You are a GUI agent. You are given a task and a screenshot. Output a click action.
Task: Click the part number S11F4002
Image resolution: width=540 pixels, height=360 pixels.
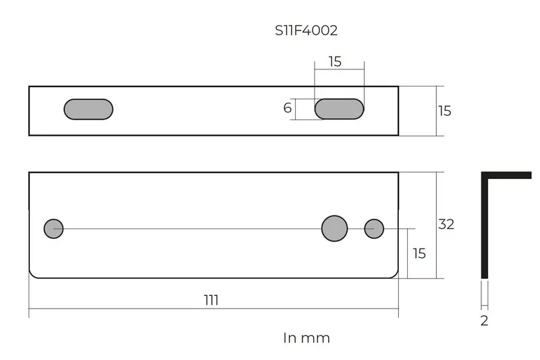pos(306,30)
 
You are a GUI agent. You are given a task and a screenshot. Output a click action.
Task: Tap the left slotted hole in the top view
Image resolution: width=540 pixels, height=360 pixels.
pos(88,109)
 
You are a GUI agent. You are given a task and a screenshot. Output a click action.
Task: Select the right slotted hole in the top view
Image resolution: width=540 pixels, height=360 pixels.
pos(340,109)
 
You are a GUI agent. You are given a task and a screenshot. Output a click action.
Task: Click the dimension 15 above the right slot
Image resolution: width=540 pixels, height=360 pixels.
pos(335,61)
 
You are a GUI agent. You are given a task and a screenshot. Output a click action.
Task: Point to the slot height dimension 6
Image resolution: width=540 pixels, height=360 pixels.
pos(288,108)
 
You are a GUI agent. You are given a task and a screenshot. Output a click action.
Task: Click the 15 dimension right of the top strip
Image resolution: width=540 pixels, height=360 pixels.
pos(445,111)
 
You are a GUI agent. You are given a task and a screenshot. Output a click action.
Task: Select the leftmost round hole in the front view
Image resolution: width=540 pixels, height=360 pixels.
pos(54,228)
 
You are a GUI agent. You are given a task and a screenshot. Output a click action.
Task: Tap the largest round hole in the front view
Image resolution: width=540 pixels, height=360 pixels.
pos(334,228)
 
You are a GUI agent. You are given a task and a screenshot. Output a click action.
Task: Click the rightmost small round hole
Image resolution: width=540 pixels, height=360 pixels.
pos(374,228)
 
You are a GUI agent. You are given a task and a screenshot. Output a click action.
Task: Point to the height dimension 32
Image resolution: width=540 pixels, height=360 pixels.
pos(446,224)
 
